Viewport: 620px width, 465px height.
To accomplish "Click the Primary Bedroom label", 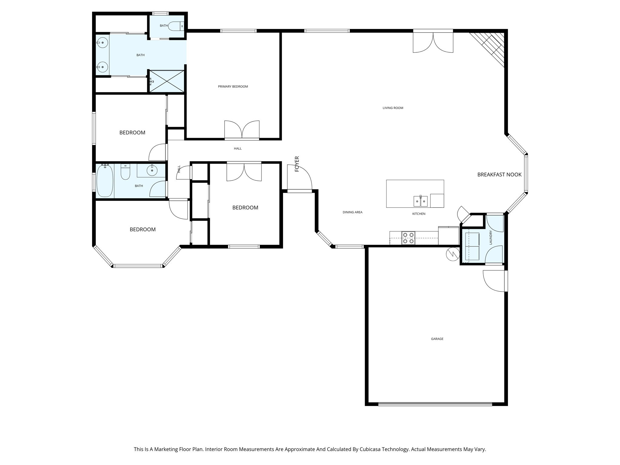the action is pos(233,87).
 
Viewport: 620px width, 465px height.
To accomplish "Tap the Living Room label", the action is pos(393,108).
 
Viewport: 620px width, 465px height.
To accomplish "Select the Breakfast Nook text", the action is pos(499,174).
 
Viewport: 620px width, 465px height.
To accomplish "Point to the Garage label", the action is pos(437,339).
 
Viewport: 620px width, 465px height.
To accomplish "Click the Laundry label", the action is pos(491,237).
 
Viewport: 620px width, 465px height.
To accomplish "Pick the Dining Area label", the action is pos(352,212).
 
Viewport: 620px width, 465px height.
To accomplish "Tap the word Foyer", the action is pos(297,164).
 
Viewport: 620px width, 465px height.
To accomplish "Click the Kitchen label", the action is pos(419,214).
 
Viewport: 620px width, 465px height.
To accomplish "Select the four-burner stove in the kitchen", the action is pos(408,238).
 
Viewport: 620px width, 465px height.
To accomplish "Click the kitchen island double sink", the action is pos(420,201).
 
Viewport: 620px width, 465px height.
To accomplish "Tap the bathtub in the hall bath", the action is pos(105,181).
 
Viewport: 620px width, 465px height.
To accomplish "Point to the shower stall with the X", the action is pos(167,81).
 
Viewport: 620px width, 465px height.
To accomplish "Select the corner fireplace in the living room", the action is pos(487,48).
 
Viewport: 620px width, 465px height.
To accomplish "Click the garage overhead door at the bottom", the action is pos(435,404).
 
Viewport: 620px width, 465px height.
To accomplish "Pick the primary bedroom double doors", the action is pos(242,130).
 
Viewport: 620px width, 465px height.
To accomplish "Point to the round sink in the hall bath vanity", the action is pos(152,171).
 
